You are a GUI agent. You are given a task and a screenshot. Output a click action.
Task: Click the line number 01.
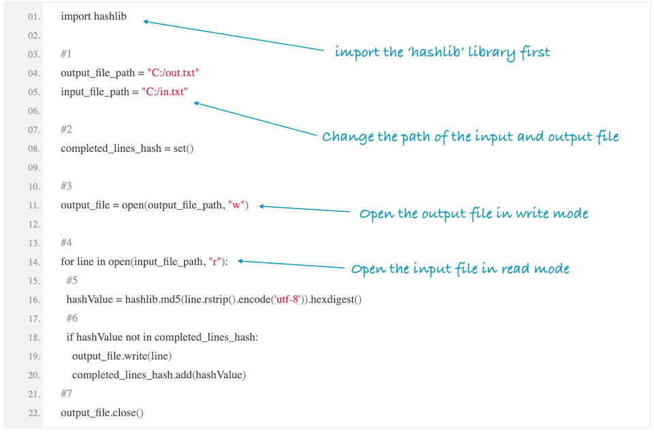pos(34,16)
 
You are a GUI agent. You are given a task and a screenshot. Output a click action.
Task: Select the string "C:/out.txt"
pos(173,73)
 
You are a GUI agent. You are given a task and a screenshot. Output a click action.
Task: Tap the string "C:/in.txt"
pos(164,92)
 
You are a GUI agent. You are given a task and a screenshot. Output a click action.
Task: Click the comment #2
pos(66,129)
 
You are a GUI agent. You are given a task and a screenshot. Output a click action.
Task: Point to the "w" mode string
pos(238,205)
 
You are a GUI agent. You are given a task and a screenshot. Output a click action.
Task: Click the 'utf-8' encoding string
pos(286,300)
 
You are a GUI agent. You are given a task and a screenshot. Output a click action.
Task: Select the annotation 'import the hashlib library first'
pos(442,52)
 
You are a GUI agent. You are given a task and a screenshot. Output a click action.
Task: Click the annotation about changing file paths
pos(470,137)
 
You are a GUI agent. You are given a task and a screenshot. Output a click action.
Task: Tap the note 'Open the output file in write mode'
pos(473,214)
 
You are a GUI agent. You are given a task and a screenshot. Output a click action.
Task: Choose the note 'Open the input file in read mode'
pos(460,268)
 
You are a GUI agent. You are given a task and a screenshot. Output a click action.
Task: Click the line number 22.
pos(34,413)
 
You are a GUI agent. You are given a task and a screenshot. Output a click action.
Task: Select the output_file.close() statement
pos(102,413)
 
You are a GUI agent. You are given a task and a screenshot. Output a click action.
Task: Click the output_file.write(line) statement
pos(122,356)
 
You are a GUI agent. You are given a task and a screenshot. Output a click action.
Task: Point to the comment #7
pos(66,394)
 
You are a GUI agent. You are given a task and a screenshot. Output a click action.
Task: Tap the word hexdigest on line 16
pos(334,300)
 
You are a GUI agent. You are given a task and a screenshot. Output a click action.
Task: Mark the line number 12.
pos(34,224)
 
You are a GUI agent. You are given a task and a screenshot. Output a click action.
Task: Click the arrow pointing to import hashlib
pos(232,35)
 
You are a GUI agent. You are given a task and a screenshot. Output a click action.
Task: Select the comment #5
pos(72,281)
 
